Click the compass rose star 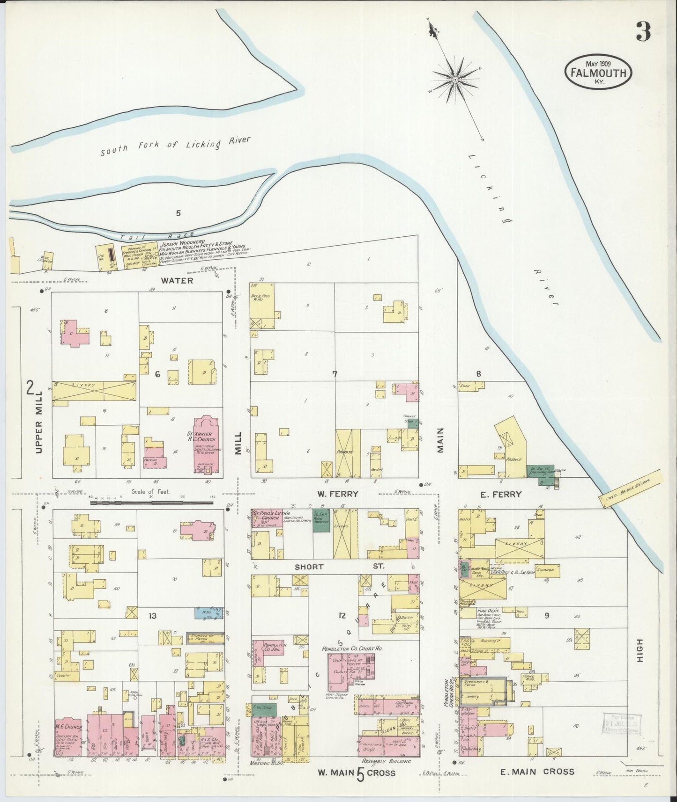[455, 80]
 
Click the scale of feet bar [151, 503]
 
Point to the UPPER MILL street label [39, 422]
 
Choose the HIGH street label [640, 650]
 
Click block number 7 [335, 373]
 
